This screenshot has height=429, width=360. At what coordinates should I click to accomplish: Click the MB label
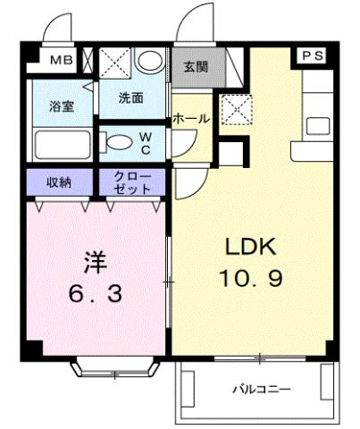[62, 61]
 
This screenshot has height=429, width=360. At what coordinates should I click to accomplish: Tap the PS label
[312, 55]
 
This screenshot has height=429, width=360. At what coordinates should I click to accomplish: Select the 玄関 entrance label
[197, 65]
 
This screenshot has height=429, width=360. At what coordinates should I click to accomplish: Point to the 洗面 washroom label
[132, 97]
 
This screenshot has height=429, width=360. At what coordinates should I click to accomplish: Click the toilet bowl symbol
[116, 140]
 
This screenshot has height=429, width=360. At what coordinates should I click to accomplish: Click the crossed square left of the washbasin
[114, 63]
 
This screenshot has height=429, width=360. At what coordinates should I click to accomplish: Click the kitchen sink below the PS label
[315, 124]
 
